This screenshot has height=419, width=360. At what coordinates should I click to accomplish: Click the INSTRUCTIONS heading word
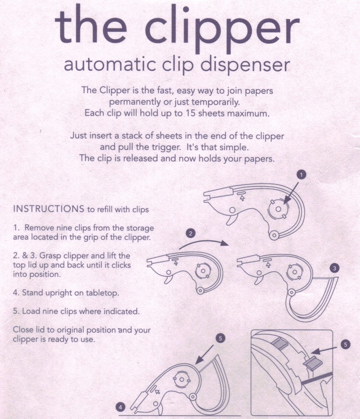48,209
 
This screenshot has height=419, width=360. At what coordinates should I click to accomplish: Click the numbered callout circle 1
301,175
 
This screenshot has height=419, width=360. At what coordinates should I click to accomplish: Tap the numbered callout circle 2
190,234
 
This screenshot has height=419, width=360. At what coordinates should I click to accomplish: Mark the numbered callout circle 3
334,269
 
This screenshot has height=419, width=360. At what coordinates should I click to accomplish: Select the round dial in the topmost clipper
277,209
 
